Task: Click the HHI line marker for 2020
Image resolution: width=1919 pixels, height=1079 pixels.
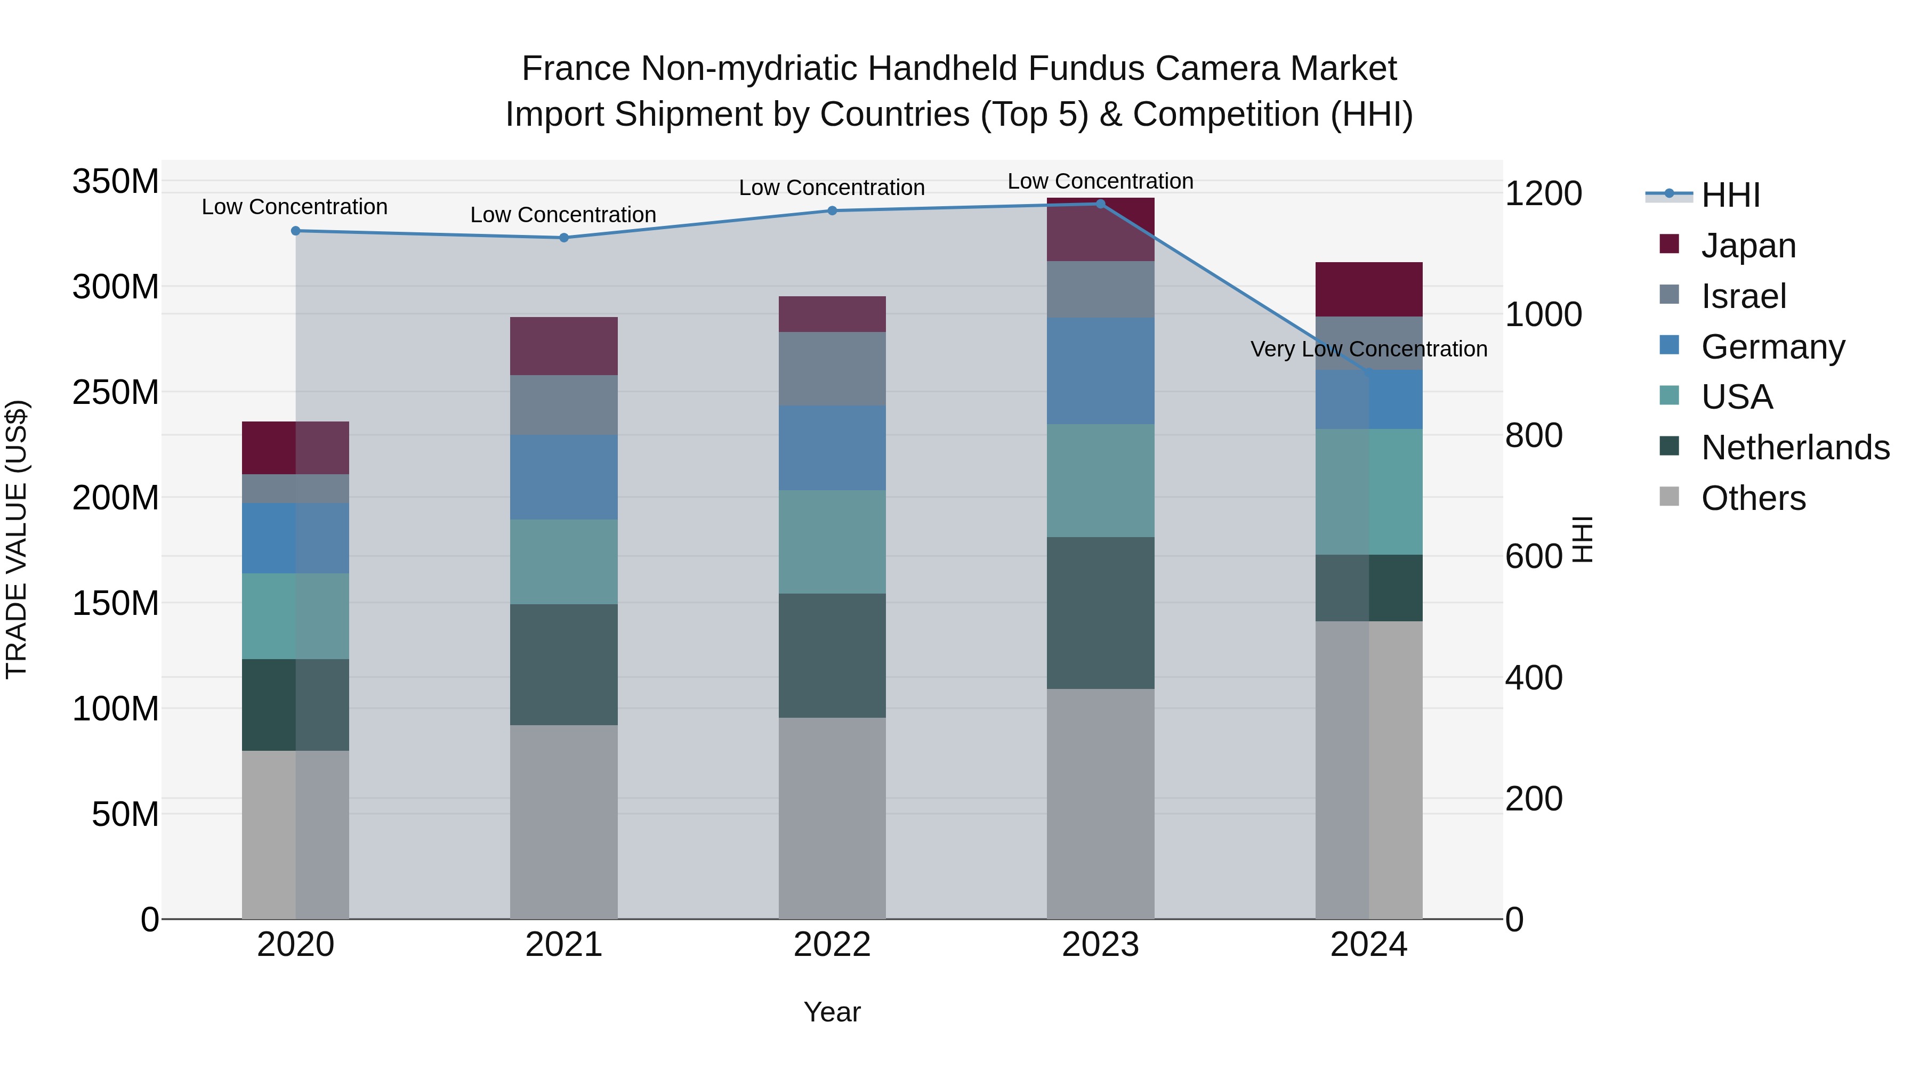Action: [296, 231]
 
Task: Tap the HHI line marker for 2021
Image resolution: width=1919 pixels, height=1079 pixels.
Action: [564, 238]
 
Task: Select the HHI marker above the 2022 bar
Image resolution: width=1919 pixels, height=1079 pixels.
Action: [832, 210]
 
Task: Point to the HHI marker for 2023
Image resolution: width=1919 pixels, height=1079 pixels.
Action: [1100, 204]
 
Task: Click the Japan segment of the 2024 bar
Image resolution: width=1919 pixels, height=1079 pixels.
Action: [1368, 290]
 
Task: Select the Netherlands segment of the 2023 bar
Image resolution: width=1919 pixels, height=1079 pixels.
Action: [1100, 613]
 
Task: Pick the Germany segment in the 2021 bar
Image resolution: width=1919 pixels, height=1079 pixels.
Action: [564, 477]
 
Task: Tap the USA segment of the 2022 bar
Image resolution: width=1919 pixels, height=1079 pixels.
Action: [832, 542]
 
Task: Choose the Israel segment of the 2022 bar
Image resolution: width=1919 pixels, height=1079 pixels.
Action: [832, 369]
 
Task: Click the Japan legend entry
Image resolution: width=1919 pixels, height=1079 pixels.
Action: [1748, 246]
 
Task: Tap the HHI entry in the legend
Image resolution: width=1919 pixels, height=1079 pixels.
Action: [1730, 195]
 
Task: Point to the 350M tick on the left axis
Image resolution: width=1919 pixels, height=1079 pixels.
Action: [116, 182]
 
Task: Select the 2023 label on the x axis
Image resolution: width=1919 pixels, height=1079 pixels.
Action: [1100, 945]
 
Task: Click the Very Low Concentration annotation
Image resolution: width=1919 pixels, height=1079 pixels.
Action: [1368, 348]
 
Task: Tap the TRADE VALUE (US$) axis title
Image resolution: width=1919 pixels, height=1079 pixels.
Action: [17, 539]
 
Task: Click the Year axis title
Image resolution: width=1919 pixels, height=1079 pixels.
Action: [832, 1012]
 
